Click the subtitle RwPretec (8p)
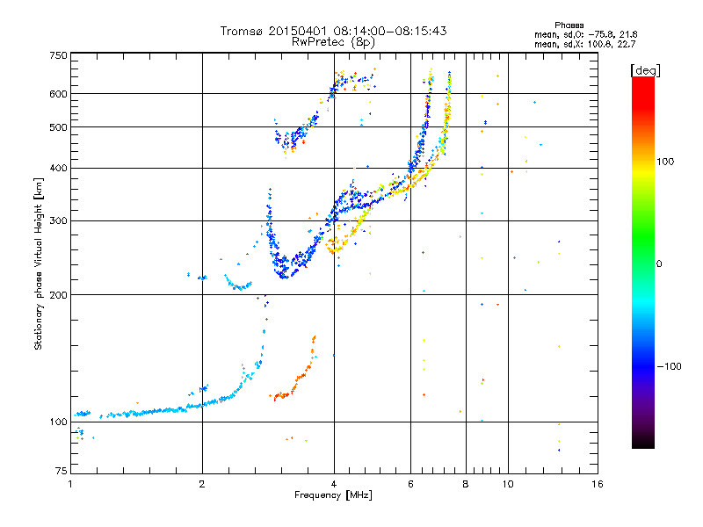tap(333, 42)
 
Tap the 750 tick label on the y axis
tap(59, 55)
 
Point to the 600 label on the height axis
tap(59, 94)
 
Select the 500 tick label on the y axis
tap(59, 127)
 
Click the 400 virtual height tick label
tap(59, 168)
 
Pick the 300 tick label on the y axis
tap(59, 221)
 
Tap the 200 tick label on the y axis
tap(59, 295)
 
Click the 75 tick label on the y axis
tap(62, 471)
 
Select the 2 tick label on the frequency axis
tap(202, 484)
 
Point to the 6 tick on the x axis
tap(410, 484)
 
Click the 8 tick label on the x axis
tap(466, 484)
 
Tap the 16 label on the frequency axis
tap(598, 484)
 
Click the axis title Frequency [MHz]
tap(334, 495)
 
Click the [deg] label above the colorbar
tap(645, 70)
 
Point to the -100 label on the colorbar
tap(669, 366)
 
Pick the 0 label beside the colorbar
tap(659, 264)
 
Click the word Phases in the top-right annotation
tap(569, 25)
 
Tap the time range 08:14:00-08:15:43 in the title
tap(390, 31)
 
